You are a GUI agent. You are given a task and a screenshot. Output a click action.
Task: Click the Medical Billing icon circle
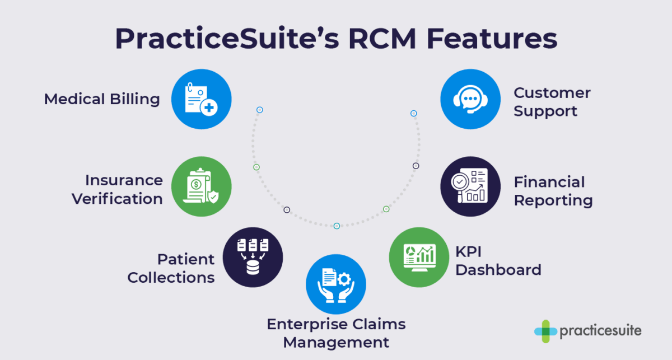coord(201,99)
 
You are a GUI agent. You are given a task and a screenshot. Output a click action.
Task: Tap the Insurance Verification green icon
coord(201,186)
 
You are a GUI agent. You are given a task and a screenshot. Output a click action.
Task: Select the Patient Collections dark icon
coord(253,257)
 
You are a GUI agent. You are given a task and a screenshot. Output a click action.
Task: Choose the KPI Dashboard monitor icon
coord(419,257)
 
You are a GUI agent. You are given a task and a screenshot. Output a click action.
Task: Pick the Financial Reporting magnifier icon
coord(470,186)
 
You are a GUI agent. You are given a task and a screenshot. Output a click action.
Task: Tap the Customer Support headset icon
coord(470,99)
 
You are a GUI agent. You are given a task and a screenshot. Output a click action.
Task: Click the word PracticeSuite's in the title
coord(207,39)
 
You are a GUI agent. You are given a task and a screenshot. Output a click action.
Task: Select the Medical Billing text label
coord(102,99)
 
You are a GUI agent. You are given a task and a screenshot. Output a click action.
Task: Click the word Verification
coord(117,199)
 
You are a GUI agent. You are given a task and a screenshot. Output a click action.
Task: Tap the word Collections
coord(171,277)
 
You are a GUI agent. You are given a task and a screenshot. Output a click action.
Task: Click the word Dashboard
coord(498,270)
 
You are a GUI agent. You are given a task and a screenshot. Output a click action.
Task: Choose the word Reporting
coord(553,200)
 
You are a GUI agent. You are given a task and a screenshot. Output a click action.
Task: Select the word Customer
coord(552,92)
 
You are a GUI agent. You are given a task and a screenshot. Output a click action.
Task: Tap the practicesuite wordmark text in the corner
coord(600,331)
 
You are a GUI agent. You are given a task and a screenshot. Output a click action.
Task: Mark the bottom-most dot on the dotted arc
coord(337,226)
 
